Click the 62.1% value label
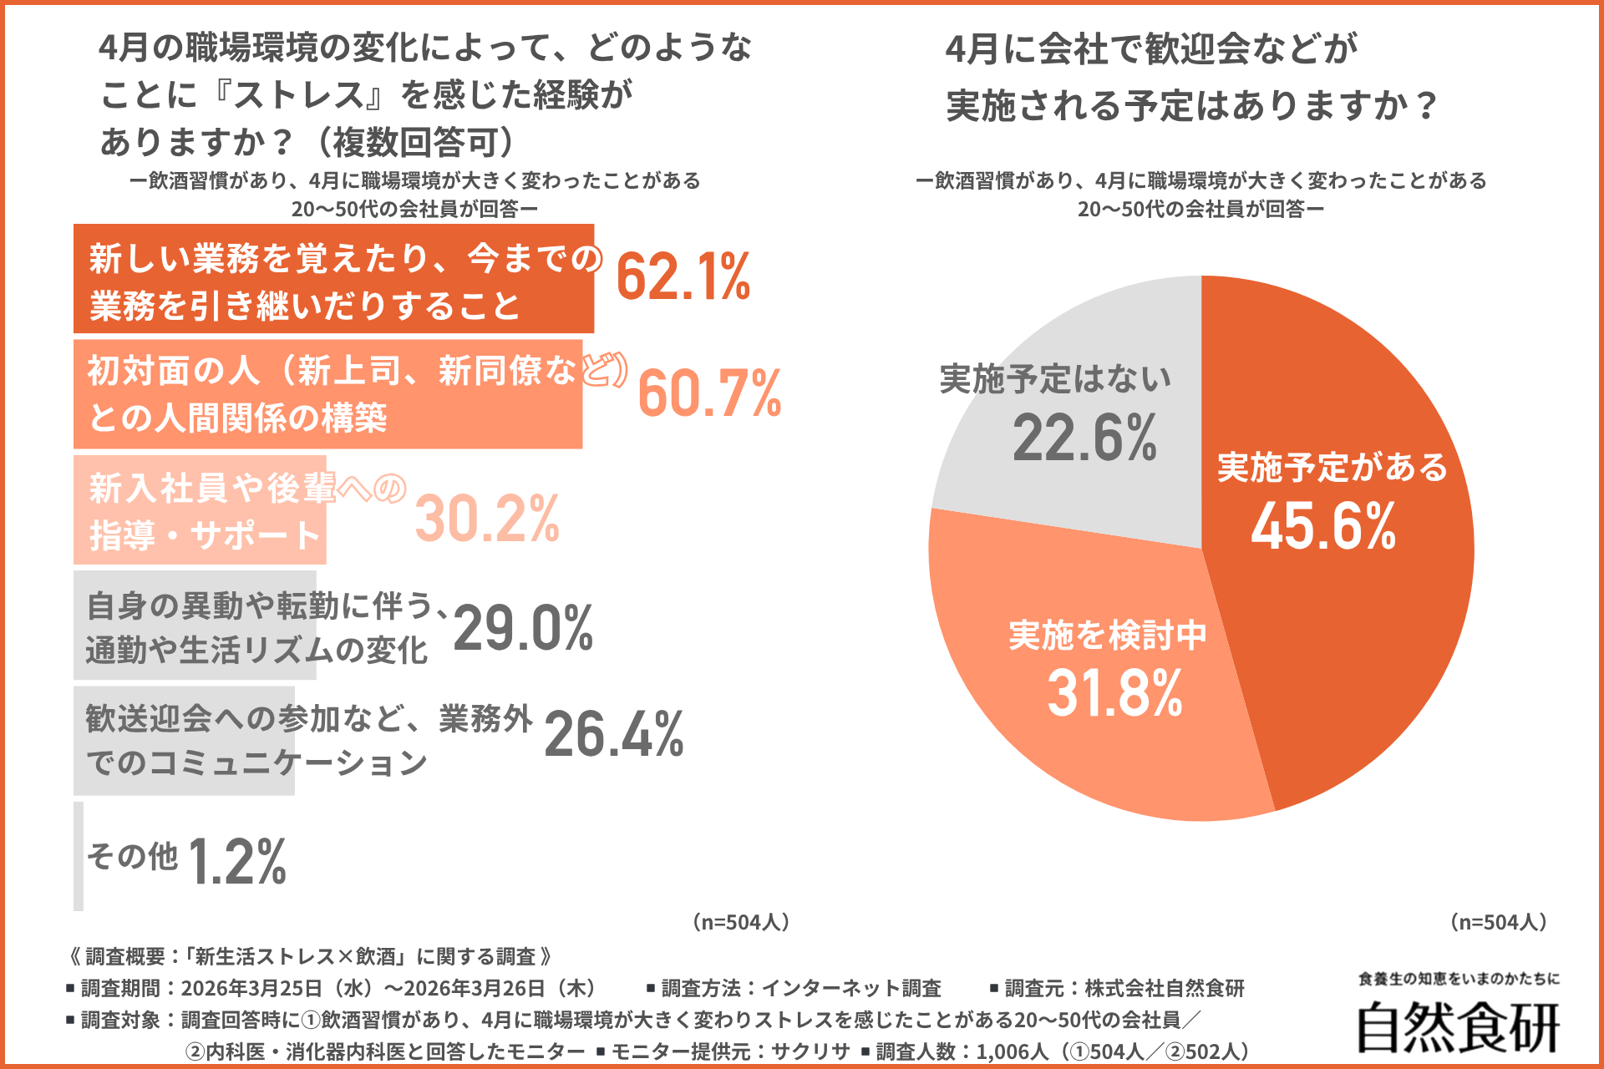pyautogui.click(x=683, y=277)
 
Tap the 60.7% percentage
pyautogui.click(x=709, y=393)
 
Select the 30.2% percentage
pyautogui.click(x=487, y=519)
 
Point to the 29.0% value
pyautogui.click(x=523, y=628)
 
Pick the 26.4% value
pyautogui.click(x=614, y=735)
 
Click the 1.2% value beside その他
pyautogui.click(x=237, y=862)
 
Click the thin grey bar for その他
pyautogui.click(x=79, y=856)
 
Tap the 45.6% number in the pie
pyautogui.click(x=1323, y=526)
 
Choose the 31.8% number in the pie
pyautogui.click(x=1114, y=693)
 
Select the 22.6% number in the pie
pyautogui.click(x=1084, y=438)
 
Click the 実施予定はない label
pyautogui.click(x=1055, y=379)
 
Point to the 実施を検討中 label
pyautogui.click(x=1108, y=636)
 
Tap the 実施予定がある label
pyautogui.click(x=1332, y=467)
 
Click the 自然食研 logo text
pyautogui.click(x=1458, y=1027)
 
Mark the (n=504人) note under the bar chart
pyautogui.click(x=741, y=922)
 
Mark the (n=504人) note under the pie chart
pyautogui.click(x=1499, y=922)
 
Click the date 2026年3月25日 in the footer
pyautogui.click(x=251, y=989)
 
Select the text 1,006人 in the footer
pyautogui.click(x=1012, y=1051)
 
